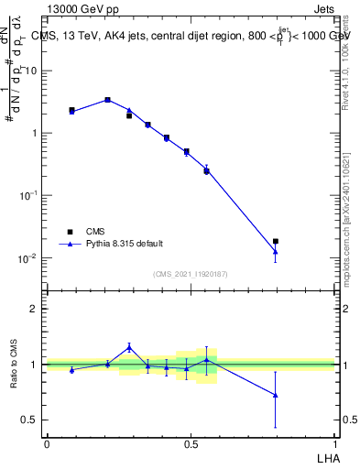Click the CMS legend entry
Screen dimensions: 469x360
click(x=95, y=231)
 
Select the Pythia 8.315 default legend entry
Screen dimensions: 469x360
click(x=118, y=244)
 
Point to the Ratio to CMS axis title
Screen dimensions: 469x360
click(x=14, y=365)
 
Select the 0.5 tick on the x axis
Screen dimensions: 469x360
click(x=191, y=442)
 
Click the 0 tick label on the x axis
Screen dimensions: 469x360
click(x=47, y=442)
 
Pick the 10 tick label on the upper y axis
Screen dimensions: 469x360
click(x=31, y=71)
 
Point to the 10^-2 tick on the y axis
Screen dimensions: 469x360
click(x=27, y=258)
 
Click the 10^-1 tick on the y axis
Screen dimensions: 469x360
click(x=27, y=196)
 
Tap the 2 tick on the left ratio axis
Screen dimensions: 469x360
click(x=34, y=309)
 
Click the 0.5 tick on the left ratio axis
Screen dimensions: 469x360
click(x=29, y=420)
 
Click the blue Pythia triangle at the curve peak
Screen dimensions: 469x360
click(x=108, y=99)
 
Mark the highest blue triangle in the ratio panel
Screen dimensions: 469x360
click(x=129, y=347)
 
